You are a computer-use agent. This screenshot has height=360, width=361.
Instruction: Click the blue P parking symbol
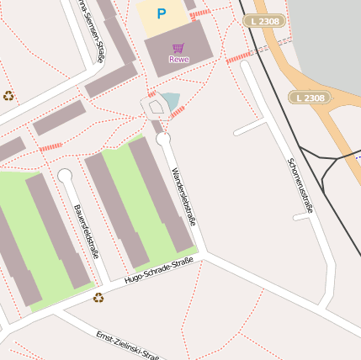click(x=162, y=13)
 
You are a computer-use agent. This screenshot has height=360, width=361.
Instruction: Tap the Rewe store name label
click(x=178, y=59)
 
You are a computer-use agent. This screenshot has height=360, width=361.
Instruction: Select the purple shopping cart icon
click(x=178, y=48)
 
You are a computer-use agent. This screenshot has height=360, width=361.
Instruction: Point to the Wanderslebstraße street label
click(x=183, y=196)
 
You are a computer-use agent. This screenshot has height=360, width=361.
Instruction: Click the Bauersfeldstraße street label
click(x=86, y=230)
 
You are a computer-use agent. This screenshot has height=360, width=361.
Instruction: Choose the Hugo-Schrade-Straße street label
click(x=158, y=271)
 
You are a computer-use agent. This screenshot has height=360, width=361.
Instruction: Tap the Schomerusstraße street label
click(x=300, y=185)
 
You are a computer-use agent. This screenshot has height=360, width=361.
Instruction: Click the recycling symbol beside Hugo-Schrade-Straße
click(x=98, y=297)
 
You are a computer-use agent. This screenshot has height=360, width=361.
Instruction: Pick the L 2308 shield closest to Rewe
click(x=265, y=20)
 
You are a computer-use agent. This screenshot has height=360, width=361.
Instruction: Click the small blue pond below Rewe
click(x=173, y=102)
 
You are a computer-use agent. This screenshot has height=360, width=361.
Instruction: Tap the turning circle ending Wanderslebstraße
click(x=163, y=139)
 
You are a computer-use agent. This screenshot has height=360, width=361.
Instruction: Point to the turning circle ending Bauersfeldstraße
click(x=65, y=175)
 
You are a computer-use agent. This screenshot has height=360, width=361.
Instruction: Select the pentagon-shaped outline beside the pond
click(x=154, y=107)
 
